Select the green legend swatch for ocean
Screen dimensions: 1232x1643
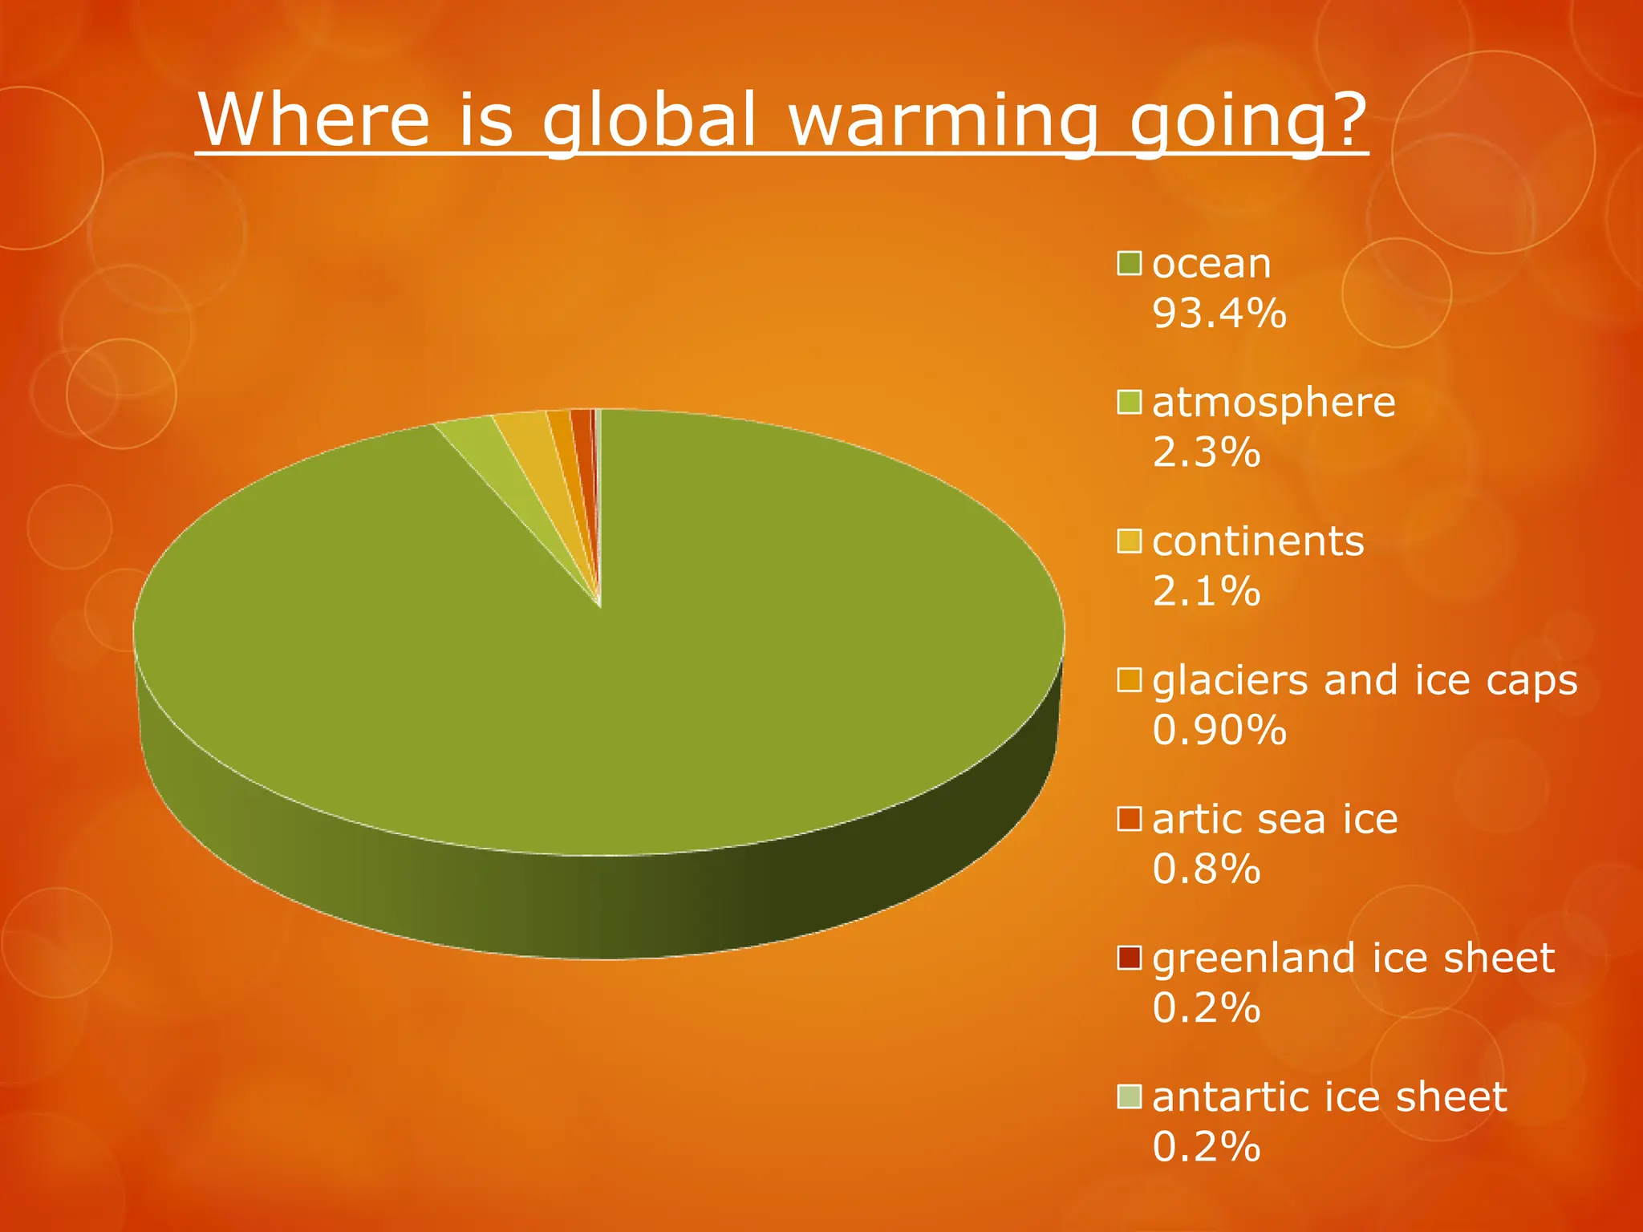point(1130,264)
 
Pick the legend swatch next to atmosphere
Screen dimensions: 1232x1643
point(1130,403)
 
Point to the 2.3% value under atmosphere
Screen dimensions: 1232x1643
point(1206,452)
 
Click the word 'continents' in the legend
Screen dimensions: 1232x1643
point(1258,541)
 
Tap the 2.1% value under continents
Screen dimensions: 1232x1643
point(1206,591)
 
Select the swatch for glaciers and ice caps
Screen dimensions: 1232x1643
point(1130,680)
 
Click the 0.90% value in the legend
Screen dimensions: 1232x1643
point(1219,730)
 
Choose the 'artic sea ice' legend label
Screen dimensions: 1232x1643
point(1275,819)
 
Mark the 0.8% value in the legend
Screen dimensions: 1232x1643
point(1206,869)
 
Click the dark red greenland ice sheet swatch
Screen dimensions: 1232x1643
point(1130,958)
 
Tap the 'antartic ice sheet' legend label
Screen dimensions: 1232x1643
point(1329,1096)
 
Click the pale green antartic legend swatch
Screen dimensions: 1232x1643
point(1130,1096)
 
